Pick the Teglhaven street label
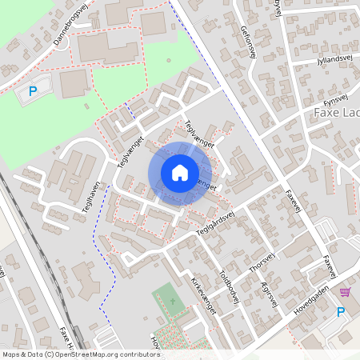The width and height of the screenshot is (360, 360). tap(88, 194)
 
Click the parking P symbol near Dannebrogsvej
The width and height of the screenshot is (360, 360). tap(33, 92)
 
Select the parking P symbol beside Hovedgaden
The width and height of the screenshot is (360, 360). tap(341, 311)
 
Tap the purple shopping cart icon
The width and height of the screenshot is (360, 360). tap(345, 292)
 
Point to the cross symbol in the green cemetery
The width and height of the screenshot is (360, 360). tap(170, 302)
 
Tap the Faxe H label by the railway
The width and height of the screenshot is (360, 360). tap(68, 338)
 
